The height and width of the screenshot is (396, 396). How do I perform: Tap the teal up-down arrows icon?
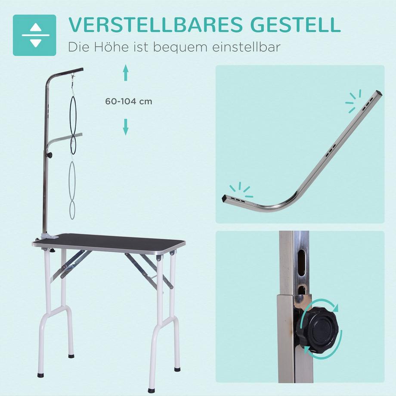(34, 35)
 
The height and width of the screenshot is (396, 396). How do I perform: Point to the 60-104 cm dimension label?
(129, 102)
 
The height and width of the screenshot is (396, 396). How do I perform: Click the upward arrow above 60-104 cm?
(126, 73)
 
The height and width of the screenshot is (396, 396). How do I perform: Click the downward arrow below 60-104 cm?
(126, 127)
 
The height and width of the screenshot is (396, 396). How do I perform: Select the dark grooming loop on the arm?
(74, 125)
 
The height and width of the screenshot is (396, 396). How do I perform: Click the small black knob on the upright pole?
(49, 155)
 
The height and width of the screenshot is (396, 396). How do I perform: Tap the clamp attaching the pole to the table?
(46, 235)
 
